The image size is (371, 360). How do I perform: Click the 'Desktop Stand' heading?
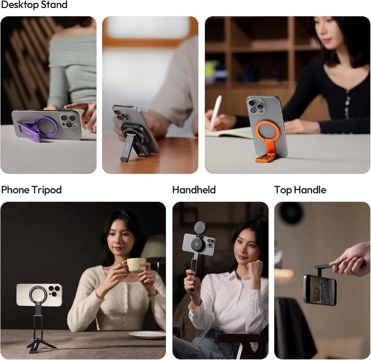click(34, 5)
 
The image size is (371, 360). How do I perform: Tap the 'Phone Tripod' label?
click(31, 190)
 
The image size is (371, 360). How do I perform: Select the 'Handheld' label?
click(194, 190)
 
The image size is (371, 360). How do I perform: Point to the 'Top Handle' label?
click(300, 190)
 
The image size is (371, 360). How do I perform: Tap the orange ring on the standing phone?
click(267, 131)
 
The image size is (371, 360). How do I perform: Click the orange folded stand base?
click(265, 158)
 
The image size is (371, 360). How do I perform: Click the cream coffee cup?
click(134, 265)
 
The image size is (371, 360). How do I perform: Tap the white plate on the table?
click(147, 334)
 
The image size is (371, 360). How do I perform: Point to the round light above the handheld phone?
click(200, 228)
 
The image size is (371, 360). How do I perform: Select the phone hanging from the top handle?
click(320, 290)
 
